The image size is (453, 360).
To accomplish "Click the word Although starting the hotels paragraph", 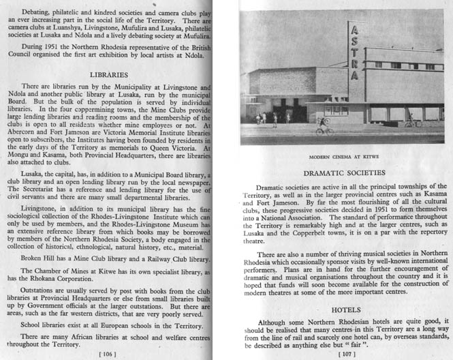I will (275, 322).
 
